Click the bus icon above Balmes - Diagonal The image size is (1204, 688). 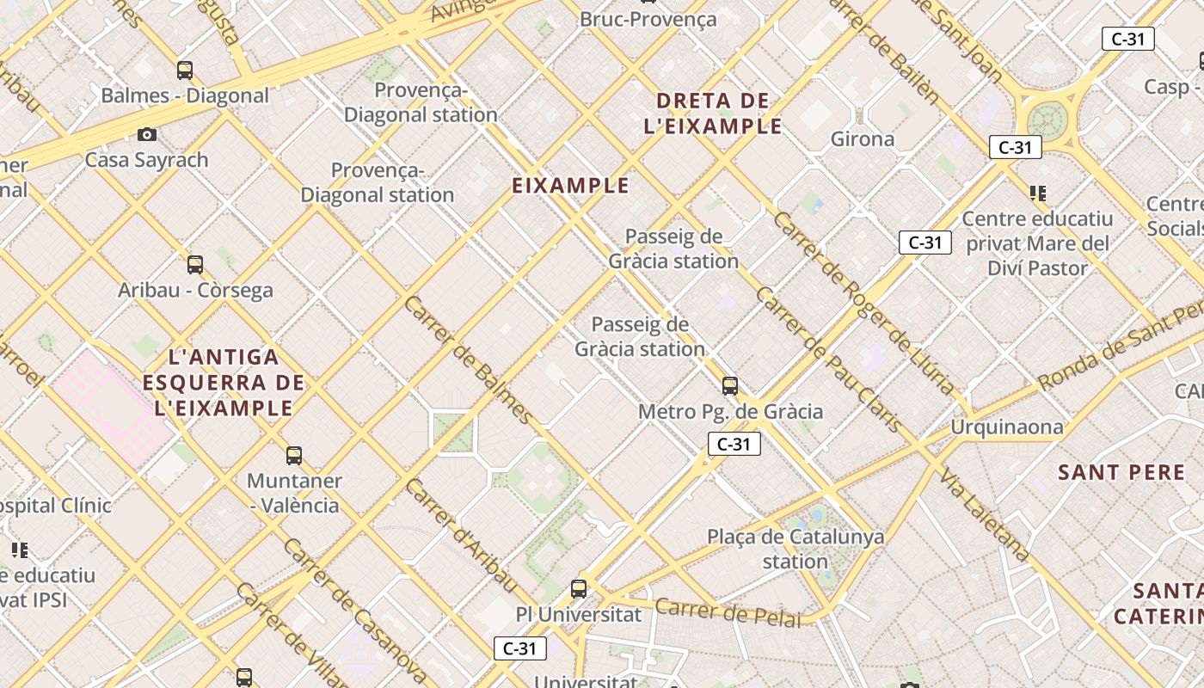point(185,71)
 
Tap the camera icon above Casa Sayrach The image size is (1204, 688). point(147,134)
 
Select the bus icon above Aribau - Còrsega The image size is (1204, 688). point(195,265)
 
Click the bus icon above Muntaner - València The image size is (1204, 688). point(294,455)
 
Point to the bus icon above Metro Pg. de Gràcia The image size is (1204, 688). point(730,386)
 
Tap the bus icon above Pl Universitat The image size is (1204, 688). point(579,589)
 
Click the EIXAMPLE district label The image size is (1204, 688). point(571,186)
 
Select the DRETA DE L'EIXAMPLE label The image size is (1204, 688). point(713,114)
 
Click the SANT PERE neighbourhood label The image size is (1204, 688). point(1121,472)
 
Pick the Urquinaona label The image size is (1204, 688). point(1006,427)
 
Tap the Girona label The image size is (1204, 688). point(862,138)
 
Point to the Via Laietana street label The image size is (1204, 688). point(984,515)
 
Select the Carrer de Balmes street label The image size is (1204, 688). point(469,360)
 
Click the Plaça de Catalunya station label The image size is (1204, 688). point(795,549)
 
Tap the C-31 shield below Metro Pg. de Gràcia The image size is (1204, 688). point(734,444)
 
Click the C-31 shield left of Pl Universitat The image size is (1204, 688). point(520,648)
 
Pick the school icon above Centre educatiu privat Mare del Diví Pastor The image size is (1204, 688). point(1037,193)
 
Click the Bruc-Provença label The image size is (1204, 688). point(648,19)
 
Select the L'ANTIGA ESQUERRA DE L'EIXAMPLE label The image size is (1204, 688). point(224,382)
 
